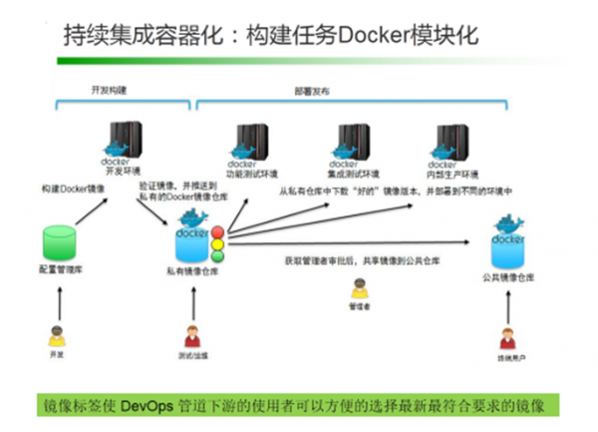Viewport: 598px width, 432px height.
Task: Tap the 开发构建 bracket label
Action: (x=109, y=89)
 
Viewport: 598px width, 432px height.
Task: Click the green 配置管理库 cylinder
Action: (x=62, y=245)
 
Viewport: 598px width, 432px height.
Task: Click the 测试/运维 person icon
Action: (x=190, y=336)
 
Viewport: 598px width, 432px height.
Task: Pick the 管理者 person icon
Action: (x=359, y=288)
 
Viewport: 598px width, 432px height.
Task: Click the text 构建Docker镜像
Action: (x=74, y=188)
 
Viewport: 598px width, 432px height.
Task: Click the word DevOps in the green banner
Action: (x=149, y=405)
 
